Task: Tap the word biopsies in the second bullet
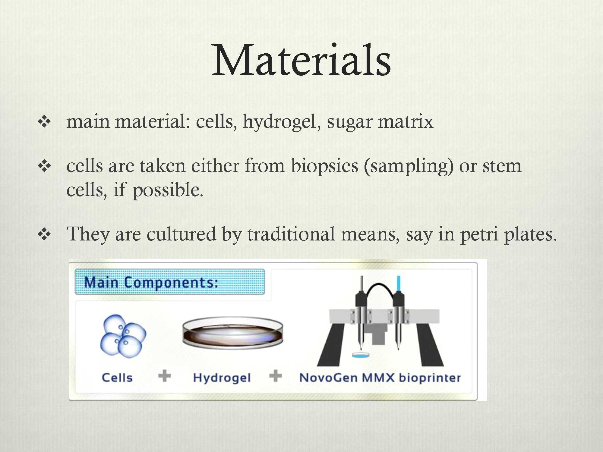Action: tap(324, 166)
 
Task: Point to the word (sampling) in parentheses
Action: tap(409, 166)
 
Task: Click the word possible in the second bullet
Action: tap(168, 190)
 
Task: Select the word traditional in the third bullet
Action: tap(291, 234)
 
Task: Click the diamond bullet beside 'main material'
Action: tap(44, 122)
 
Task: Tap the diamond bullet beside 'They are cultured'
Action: tap(44, 234)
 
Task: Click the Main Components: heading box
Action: tap(170, 282)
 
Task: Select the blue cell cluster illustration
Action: tap(123, 336)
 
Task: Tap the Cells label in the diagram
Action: tap(117, 378)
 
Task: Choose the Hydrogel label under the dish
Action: tap(222, 378)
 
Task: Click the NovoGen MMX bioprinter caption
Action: tap(380, 378)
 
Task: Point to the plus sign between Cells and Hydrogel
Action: tap(165, 376)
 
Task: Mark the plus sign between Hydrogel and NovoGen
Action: tap(275, 376)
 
